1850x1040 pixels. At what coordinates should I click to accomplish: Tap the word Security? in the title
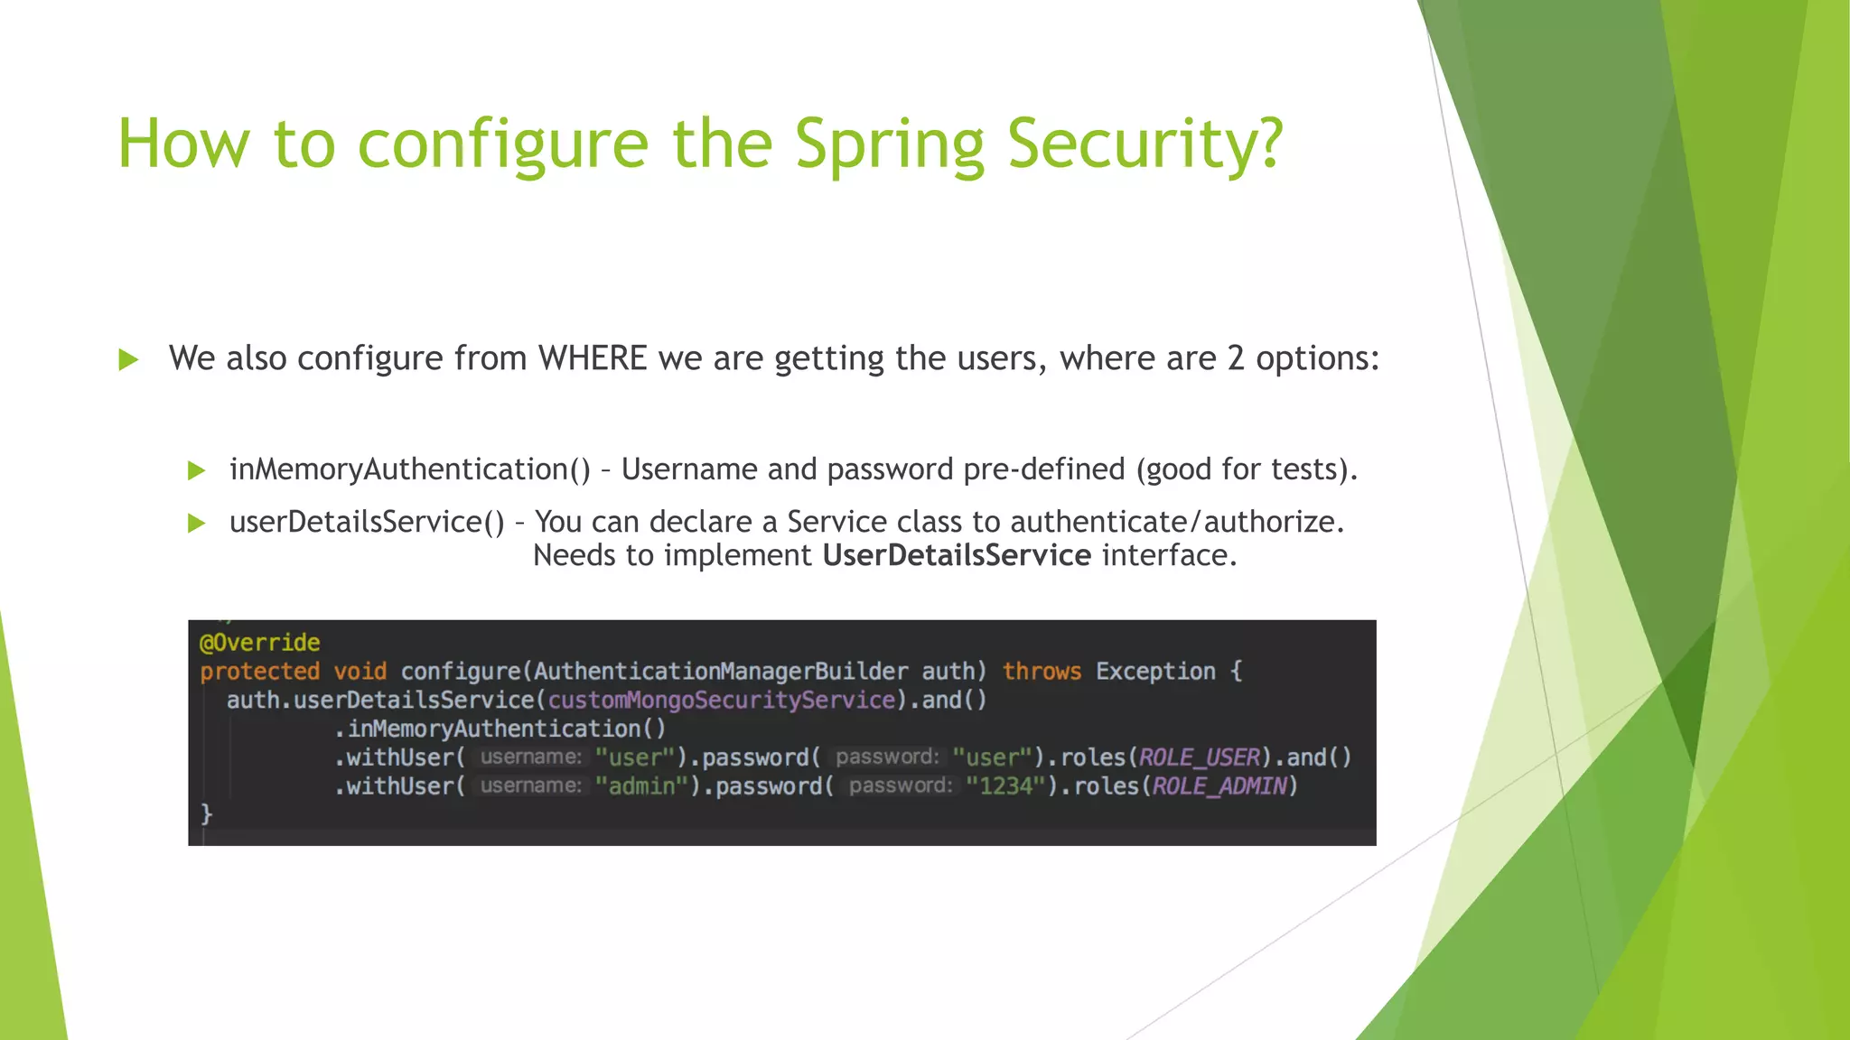[1145, 144]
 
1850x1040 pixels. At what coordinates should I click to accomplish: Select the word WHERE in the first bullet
[593, 358]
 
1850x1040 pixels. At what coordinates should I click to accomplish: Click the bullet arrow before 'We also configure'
[128, 360]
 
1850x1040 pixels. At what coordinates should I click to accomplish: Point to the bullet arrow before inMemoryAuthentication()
[196, 470]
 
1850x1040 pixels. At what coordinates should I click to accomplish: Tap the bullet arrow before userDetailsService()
[196, 523]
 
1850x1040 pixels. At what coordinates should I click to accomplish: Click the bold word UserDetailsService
[956, 555]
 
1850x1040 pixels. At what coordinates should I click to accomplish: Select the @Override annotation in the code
[260, 643]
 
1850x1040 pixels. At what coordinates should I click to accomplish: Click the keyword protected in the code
[259, 672]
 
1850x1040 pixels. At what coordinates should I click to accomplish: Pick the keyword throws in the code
[1042, 672]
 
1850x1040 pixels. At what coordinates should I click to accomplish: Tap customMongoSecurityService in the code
[721, 701]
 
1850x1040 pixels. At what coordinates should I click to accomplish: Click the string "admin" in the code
[641, 786]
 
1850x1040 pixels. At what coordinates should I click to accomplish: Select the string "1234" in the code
[1005, 786]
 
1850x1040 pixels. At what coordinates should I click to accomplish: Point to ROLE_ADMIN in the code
[1219, 786]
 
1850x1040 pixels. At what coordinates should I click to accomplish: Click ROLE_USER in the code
[1199, 757]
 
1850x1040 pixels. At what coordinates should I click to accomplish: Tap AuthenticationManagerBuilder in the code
[720, 672]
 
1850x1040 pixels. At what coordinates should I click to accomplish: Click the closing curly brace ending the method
[206, 814]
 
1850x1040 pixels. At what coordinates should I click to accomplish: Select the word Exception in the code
[1155, 672]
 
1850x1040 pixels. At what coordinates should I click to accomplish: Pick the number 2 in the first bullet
[1235, 358]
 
